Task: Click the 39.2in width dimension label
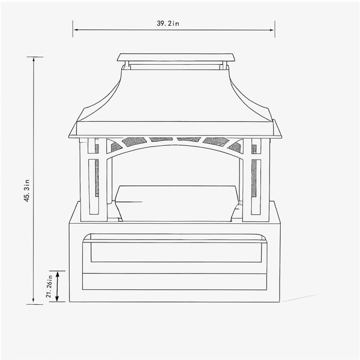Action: click(x=168, y=23)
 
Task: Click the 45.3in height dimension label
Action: click(x=27, y=190)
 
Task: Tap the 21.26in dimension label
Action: click(x=49, y=286)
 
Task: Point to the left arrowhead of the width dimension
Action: click(x=76, y=30)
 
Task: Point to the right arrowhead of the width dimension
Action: click(x=272, y=30)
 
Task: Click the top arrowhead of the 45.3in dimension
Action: click(x=34, y=59)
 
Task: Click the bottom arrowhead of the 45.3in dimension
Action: click(x=34, y=299)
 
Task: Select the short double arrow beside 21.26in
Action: click(x=57, y=286)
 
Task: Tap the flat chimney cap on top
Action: click(x=176, y=58)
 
